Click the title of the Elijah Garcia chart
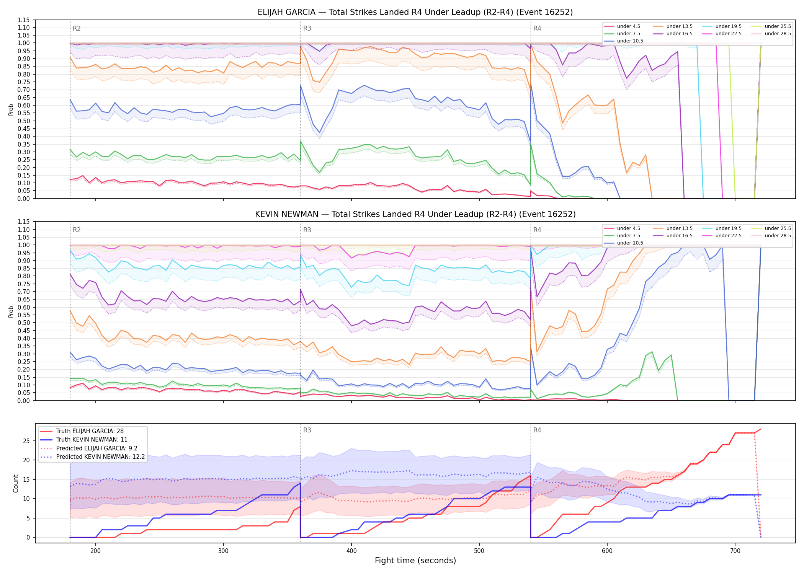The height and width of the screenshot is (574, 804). coord(415,12)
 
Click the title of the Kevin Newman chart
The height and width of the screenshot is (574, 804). coord(415,214)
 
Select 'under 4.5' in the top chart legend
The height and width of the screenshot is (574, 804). coord(628,26)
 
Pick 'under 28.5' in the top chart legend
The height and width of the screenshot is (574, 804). coord(778,34)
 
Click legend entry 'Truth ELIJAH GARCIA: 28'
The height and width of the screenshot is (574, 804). coord(90,431)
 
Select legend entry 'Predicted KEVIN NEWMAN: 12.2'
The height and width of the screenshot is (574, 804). coord(100,457)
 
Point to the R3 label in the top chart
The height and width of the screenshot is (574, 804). coord(307,28)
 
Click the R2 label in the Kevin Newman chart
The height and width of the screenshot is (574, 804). coord(77,230)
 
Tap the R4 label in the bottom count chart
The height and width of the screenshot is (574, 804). coord(537,430)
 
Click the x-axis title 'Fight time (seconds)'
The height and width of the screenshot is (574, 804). coord(415,561)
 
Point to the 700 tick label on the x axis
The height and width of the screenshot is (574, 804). coord(735,551)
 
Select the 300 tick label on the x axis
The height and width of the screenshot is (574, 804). coord(223,551)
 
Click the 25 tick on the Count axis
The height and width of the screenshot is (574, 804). coord(26,441)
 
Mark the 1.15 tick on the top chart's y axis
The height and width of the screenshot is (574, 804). coord(24,20)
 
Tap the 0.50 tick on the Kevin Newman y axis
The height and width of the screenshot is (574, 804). coord(24,323)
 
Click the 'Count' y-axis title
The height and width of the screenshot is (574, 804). coord(16,483)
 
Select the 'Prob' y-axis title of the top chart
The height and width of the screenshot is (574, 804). coord(11,110)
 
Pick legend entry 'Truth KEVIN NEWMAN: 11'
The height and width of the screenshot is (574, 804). coord(92,440)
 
